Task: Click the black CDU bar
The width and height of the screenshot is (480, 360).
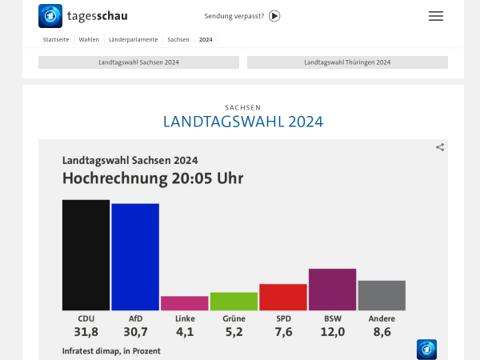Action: click(86, 254)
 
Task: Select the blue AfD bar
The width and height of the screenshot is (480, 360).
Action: click(135, 257)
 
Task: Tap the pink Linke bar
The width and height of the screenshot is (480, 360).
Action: click(184, 303)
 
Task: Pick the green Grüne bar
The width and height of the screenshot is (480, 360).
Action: click(234, 301)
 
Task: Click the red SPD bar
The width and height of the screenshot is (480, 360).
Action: click(283, 297)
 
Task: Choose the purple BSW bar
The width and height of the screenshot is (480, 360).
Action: click(332, 289)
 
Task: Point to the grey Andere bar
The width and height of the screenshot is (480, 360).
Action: click(382, 295)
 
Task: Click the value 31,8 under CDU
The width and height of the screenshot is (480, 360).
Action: click(86, 332)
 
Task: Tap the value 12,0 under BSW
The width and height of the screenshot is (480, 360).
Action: click(332, 332)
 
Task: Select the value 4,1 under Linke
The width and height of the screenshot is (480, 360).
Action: click(184, 332)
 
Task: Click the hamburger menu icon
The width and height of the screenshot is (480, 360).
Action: click(436, 16)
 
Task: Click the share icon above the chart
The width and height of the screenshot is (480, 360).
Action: click(440, 147)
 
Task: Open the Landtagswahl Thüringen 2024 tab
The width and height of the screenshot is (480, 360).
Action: click(347, 62)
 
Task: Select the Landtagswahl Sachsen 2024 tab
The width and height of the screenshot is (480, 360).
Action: click(138, 62)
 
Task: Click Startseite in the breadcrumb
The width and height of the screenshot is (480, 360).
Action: click(56, 39)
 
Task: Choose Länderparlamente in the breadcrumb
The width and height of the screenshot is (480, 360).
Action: click(133, 39)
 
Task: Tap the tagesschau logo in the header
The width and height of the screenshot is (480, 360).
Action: click(83, 16)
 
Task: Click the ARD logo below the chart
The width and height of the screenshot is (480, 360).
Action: click(426, 349)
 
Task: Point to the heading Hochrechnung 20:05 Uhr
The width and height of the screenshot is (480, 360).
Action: click(152, 178)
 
